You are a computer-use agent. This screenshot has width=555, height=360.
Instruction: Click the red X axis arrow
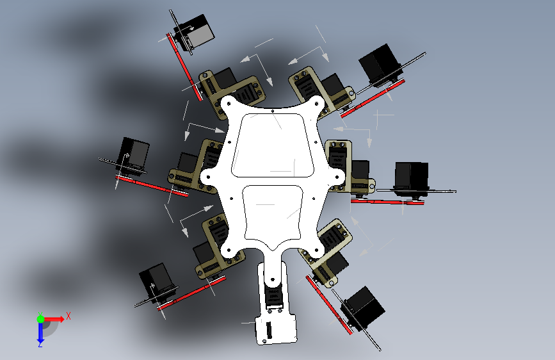coord(54,319)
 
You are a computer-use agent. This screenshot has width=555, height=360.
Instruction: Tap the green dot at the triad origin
coord(40,319)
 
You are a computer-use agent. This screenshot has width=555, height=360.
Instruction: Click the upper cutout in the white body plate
coord(273,145)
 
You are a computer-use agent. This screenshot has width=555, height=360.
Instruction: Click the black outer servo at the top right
coord(380,65)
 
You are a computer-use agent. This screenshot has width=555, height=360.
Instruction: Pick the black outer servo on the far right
coord(412,178)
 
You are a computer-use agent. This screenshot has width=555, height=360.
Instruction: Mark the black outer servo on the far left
coord(133,155)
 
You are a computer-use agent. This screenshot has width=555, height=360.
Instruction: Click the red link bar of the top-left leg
coord(184,67)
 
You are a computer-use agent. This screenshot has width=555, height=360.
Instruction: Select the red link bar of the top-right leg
coord(373,98)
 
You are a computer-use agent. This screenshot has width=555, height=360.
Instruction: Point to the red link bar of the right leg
coord(387,202)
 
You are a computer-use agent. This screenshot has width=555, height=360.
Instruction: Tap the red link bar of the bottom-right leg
coord(329,305)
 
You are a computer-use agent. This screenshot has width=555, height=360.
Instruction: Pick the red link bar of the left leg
coord(152,186)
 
